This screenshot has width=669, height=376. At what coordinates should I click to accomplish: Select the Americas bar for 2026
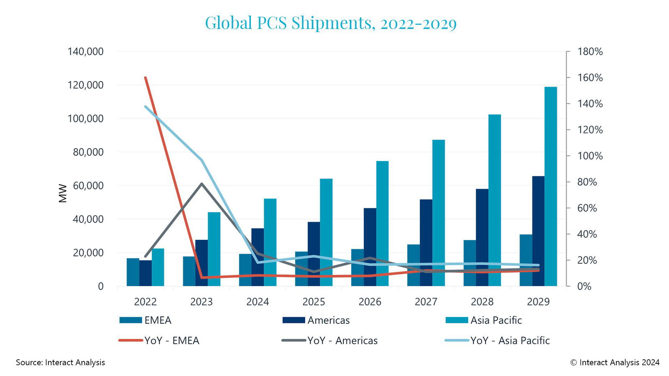pyautogui.click(x=370, y=247)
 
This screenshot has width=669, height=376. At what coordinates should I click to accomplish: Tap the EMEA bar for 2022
pyautogui.click(x=133, y=272)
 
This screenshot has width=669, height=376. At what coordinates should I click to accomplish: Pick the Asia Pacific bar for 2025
pyautogui.click(x=326, y=232)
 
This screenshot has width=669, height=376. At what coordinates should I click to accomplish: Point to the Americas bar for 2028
pyautogui.click(x=482, y=238)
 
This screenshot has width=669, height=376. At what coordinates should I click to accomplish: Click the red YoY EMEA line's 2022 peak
pyautogui.click(x=146, y=78)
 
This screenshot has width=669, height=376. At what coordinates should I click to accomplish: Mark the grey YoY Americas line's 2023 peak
pyautogui.click(x=202, y=183)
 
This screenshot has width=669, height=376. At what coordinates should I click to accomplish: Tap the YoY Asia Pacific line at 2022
pyautogui.click(x=146, y=107)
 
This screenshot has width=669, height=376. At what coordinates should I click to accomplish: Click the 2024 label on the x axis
pyautogui.click(x=258, y=302)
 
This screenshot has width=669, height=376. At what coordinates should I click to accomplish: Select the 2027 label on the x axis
pyautogui.click(x=426, y=302)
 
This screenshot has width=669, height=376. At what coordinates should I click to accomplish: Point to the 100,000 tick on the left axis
pyautogui.click(x=85, y=119)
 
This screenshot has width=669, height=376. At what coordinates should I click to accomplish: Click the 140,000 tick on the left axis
pyautogui.click(x=85, y=52)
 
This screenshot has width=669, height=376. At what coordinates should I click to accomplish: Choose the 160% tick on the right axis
pyautogui.click(x=590, y=78)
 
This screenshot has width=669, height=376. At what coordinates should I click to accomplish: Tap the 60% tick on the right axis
pyautogui.click(x=587, y=208)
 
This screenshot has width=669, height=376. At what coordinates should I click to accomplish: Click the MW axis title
pyautogui.click(x=63, y=193)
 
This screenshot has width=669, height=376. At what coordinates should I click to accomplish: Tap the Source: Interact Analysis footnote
pyautogui.click(x=60, y=362)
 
